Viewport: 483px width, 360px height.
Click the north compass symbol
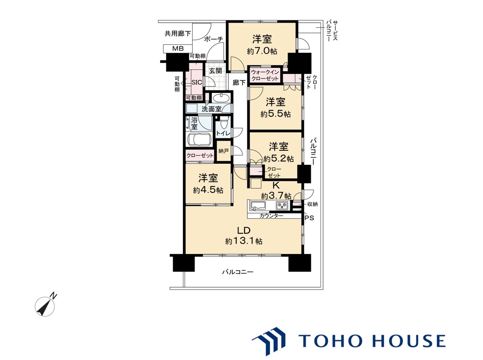(x=46, y=305)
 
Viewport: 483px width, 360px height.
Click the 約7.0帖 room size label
(x=262, y=51)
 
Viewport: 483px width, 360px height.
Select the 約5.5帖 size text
(x=276, y=114)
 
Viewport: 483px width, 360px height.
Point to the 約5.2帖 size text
(x=278, y=159)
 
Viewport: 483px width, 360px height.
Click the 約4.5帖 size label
(x=208, y=190)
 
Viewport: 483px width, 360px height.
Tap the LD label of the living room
(x=243, y=230)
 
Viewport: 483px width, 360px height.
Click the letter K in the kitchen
(x=276, y=185)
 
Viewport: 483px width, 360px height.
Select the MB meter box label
(x=178, y=49)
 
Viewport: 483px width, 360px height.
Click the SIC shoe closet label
(x=197, y=82)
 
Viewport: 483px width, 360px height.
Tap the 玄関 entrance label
(x=216, y=71)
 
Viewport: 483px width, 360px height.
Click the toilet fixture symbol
(x=224, y=124)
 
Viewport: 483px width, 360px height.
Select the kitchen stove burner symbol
(x=281, y=205)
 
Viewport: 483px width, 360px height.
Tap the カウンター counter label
(x=271, y=216)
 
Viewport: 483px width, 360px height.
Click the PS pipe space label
(x=309, y=218)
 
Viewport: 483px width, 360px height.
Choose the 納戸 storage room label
(x=224, y=151)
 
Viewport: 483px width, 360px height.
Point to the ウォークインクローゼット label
(x=265, y=75)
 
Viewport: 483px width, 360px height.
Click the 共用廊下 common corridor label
(x=177, y=33)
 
